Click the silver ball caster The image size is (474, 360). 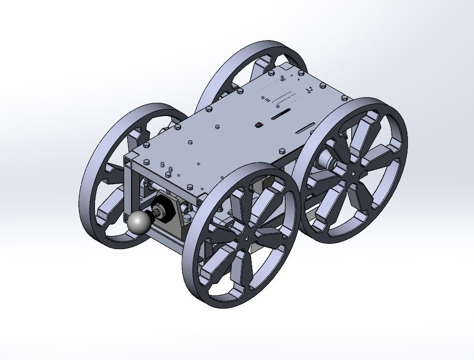138,223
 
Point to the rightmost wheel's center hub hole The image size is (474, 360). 354,174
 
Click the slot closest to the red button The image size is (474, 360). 280,114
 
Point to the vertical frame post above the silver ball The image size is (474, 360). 129,189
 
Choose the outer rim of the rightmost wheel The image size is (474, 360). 401,142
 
